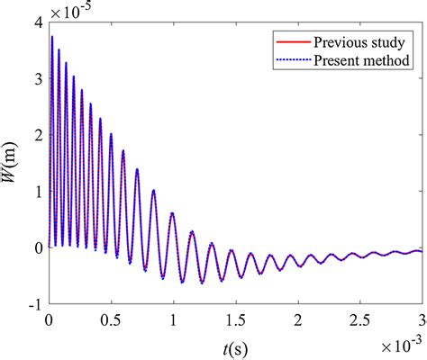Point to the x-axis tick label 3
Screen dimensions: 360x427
421,320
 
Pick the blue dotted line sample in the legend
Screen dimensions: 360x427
289,62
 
